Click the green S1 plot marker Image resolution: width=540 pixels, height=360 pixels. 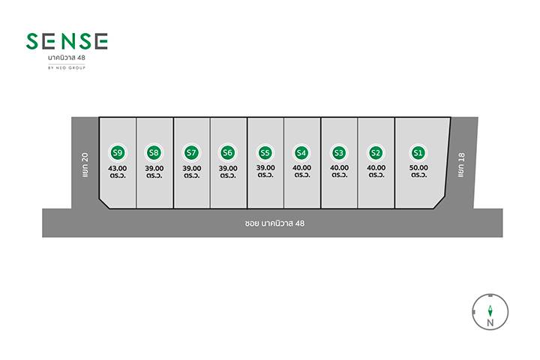pyautogui.click(x=418, y=152)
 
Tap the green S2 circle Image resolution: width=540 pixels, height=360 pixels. pyautogui.click(x=376, y=152)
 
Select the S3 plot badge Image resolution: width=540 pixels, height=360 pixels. pyautogui.click(x=338, y=152)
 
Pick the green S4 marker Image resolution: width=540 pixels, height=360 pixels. pyautogui.click(x=301, y=152)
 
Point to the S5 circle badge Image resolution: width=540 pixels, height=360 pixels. pyautogui.click(x=265, y=152)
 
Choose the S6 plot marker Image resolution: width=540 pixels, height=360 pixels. pyautogui.click(x=227, y=152)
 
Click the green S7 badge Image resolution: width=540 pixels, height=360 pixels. pyautogui.click(x=191, y=152)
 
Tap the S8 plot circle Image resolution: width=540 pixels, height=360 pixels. pyautogui.click(x=154, y=152)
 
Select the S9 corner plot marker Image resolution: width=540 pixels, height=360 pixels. pyautogui.click(x=118, y=152)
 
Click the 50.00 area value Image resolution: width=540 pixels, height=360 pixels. pyautogui.click(x=418, y=168)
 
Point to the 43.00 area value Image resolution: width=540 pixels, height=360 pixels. pyautogui.click(x=118, y=169)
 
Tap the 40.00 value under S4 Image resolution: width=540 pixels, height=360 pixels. pyautogui.click(x=301, y=168)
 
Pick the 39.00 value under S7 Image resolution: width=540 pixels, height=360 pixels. pyautogui.click(x=192, y=169)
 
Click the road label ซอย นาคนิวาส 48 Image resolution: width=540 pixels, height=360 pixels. pyautogui.click(x=274, y=223)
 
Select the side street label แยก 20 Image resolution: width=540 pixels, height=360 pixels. pyautogui.click(x=85, y=165)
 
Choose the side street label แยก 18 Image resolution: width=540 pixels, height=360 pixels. pyautogui.click(x=461, y=165)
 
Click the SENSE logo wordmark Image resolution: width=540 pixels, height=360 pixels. pyautogui.click(x=67, y=41)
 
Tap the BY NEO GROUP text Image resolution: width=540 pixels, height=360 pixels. pyautogui.click(x=67, y=67)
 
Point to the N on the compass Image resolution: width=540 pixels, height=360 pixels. pyautogui.click(x=490, y=322)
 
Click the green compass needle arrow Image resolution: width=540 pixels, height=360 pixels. pyautogui.click(x=490, y=311)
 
